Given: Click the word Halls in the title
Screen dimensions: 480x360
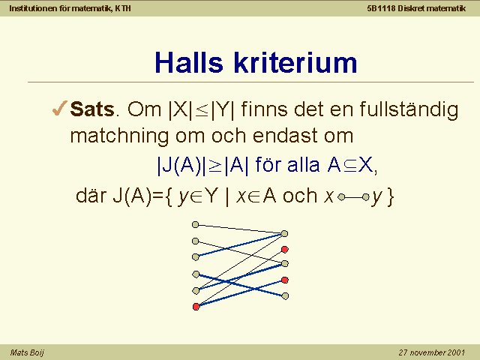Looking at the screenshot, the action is tap(189, 62).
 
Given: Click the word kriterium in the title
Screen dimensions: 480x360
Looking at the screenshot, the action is tap(295, 62).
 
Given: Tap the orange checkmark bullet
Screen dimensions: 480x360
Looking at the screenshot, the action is tap(59, 108).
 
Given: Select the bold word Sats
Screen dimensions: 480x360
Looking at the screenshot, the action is tap(92, 109).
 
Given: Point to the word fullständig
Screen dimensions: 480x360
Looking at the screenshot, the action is tap(409, 110).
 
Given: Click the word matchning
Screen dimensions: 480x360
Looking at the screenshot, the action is tap(119, 136).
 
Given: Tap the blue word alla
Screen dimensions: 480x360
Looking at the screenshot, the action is tap(303, 165).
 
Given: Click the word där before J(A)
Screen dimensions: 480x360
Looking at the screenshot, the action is tap(91, 195).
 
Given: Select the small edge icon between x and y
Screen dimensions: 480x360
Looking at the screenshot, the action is tap(353, 197).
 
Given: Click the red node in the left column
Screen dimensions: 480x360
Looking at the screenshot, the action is tap(196, 307).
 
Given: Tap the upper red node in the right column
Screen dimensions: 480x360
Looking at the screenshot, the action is tap(285, 250).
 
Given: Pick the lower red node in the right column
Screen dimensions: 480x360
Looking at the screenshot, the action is tap(285, 280).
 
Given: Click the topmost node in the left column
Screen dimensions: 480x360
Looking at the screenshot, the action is tap(195, 225).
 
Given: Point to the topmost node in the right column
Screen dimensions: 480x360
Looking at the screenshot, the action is tap(284, 233).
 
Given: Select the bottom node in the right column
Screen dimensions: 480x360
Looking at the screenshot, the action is tap(285, 296).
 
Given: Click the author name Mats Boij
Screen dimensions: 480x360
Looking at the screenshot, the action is tap(27, 352).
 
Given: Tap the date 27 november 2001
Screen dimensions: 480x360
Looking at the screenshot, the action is tap(432, 352).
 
